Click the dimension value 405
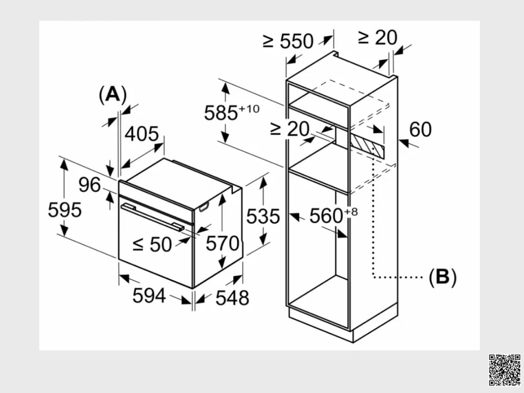click(141, 134)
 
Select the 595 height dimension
click(65, 210)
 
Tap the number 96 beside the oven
click(90, 185)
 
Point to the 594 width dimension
click(149, 296)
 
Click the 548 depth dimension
click(232, 298)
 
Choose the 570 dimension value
click(223, 243)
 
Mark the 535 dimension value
click(263, 217)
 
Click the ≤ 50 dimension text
click(152, 245)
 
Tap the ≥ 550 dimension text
click(288, 41)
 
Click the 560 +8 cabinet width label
click(334, 215)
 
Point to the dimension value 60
click(421, 130)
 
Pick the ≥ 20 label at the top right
click(378, 37)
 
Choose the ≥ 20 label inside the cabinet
click(290, 129)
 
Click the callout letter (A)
click(113, 95)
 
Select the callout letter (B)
click(442, 277)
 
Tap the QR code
click(504, 373)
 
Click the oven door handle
click(152, 217)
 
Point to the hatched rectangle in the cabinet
click(367, 146)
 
